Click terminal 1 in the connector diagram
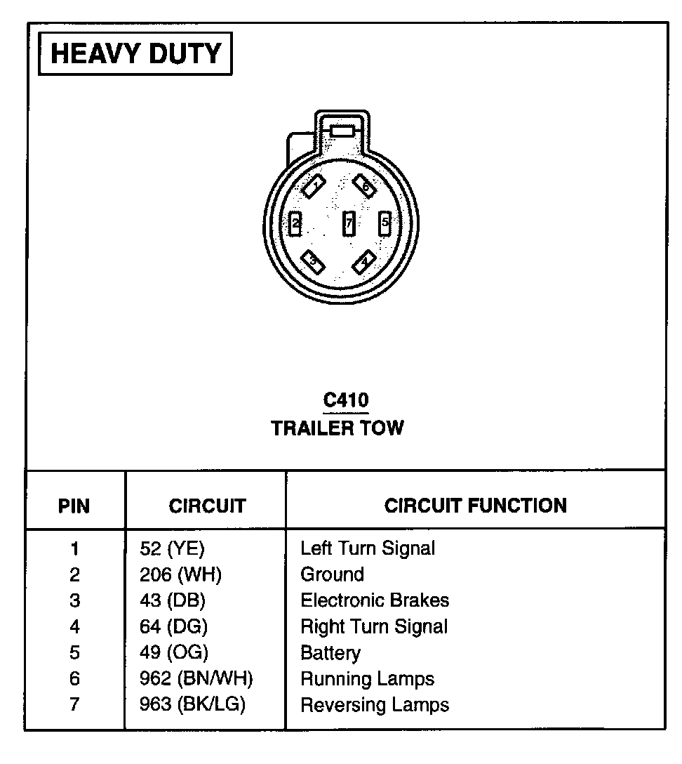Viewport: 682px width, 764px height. (x=314, y=186)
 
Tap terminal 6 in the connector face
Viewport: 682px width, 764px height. (x=364, y=185)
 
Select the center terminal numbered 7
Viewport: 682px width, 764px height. (x=348, y=224)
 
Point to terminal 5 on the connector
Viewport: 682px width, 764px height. (x=385, y=224)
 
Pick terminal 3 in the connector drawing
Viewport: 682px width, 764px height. (x=312, y=262)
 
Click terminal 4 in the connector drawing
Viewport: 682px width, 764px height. (x=363, y=263)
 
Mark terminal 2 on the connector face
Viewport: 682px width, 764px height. (x=296, y=224)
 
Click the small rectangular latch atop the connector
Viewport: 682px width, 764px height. (x=342, y=131)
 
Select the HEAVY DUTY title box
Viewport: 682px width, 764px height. (x=135, y=53)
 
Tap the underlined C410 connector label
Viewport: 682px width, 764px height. (x=345, y=401)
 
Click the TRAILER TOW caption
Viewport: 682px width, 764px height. (x=337, y=428)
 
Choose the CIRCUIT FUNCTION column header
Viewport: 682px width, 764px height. (x=475, y=506)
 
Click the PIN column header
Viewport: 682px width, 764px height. (x=74, y=506)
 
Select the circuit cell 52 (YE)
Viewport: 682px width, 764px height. (x=172, y=548)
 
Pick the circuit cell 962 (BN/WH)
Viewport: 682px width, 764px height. (x=196, y=679)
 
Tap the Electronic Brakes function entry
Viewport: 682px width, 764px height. (x=375, y=600)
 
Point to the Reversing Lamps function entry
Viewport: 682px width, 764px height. (x=375, y=705)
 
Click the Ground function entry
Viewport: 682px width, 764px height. (x=332, y=574)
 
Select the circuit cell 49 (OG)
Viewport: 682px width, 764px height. (x=173, y=653)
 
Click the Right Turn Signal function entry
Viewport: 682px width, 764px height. (x=374, y=626)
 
